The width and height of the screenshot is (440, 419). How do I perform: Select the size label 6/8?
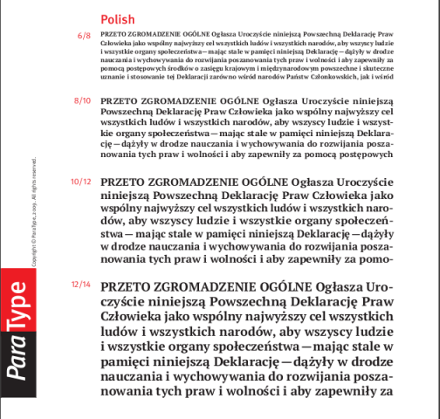pos(85,36)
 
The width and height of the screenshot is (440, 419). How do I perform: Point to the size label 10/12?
pos(80,182)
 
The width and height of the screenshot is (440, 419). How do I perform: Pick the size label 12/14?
pos(81,285)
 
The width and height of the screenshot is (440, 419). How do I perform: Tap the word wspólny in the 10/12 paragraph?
pos(127,209)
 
